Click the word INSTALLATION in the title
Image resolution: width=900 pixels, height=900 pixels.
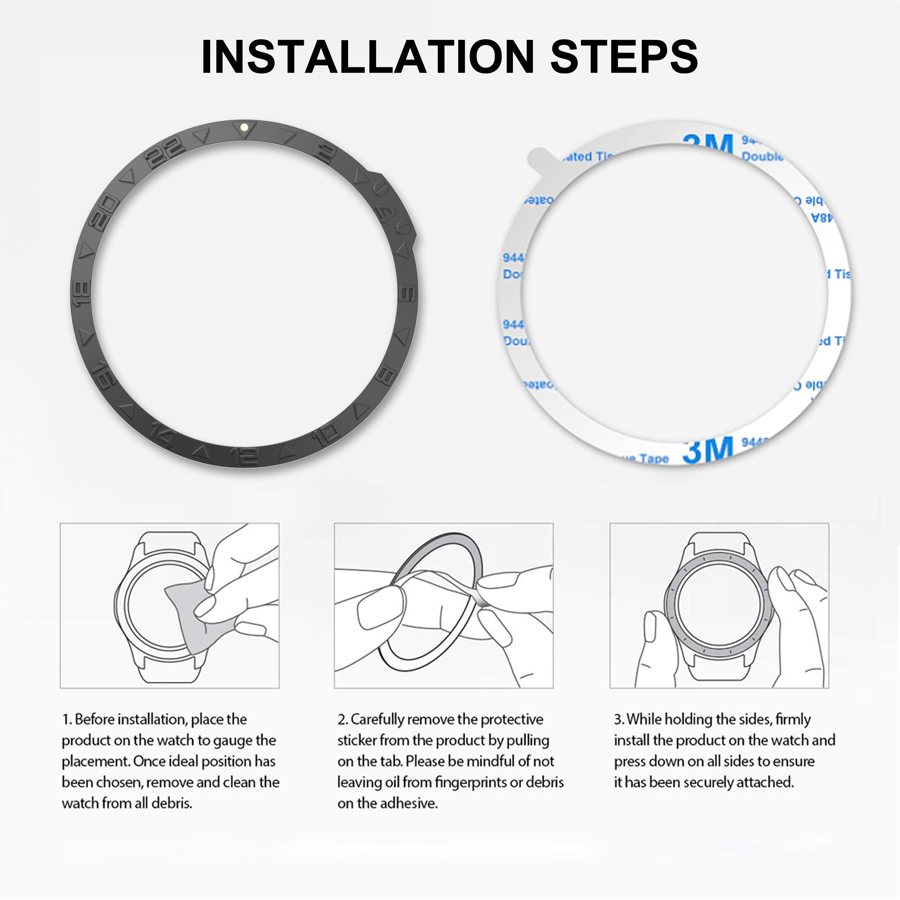pyautogui.click(x=368, y=57)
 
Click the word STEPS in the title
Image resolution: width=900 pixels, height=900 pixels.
pyautogui.click(x=624, y=57)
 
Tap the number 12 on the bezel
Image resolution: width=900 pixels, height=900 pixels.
pyautogui.click(x=244, y=457)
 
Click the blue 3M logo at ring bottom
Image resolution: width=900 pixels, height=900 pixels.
pyautogui.click(x=707, y=450)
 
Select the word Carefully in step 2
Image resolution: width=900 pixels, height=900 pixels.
pyautogui.click(x=377, y=720)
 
